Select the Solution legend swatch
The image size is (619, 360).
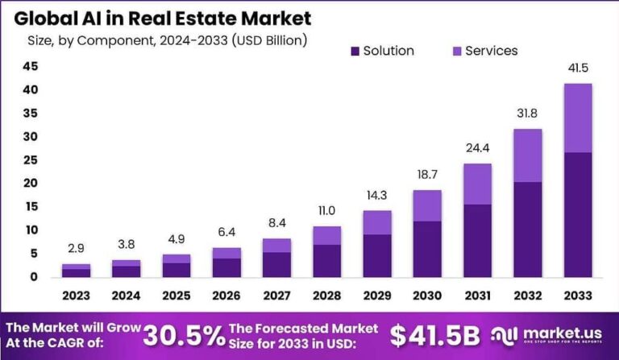355,52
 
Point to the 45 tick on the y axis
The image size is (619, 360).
30,67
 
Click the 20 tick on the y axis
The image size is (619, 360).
30,184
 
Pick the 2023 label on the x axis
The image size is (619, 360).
77,296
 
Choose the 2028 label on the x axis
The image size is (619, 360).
326,296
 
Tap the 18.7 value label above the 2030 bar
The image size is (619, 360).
426,176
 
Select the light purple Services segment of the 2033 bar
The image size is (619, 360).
576,118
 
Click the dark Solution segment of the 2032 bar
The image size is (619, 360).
526,229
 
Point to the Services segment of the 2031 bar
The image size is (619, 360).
476,184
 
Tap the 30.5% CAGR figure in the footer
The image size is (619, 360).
185,335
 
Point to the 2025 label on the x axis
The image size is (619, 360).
177,296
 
